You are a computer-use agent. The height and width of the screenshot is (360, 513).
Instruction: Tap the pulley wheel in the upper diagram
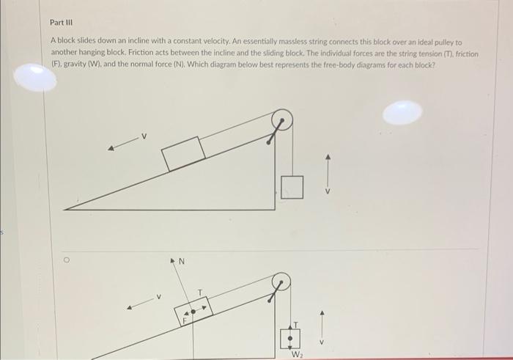click(282, 119)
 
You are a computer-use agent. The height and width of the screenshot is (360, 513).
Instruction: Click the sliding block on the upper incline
click(183, 153)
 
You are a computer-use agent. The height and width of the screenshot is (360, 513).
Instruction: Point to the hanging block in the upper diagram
click(291, 187)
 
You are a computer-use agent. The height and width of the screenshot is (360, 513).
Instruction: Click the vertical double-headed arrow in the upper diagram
click(328, 172)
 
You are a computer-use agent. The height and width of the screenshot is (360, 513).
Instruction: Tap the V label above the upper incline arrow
click(144, 136)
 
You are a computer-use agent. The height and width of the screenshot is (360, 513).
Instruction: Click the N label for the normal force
click(182, 260)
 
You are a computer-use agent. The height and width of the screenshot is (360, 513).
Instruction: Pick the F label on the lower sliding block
click(185, 320)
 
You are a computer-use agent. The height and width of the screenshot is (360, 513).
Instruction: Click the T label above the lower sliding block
click(199, 293)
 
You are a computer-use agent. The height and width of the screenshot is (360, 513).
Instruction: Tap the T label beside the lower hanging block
click(295, 323)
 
